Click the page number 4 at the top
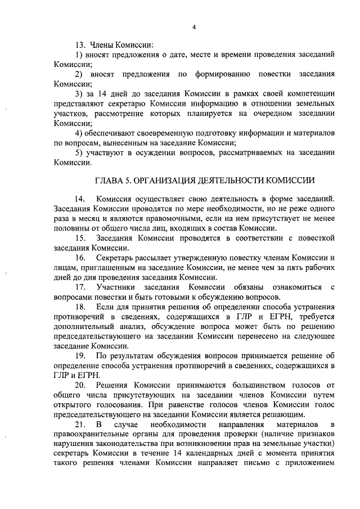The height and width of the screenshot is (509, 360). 193,27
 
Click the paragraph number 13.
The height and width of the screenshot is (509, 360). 79,44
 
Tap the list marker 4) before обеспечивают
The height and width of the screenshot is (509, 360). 79,133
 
